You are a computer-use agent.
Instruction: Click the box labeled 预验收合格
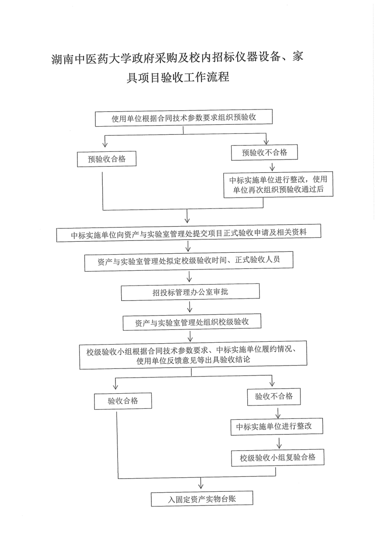(107, 159)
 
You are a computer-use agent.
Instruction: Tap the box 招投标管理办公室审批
(190, 292)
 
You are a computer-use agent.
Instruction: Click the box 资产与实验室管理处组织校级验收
(192, 322)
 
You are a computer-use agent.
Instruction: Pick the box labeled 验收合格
(123, 401)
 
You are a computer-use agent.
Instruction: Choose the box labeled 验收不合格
(274, 396)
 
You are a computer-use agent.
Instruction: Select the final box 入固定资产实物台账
(202, 498)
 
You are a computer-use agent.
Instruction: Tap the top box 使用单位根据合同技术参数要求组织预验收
(184, 118)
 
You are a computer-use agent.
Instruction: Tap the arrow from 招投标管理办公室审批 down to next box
(190, 308)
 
